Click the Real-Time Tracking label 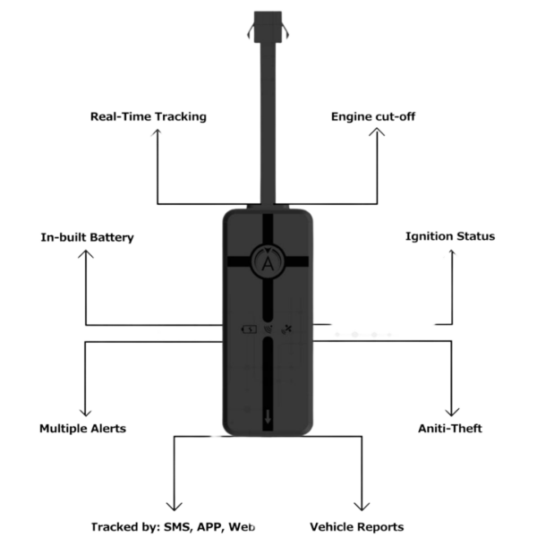[x=149, y=116]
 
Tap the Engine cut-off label [x=373, y=116]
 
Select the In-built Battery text [x=87, y=237]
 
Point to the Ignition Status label [x=450, y=236]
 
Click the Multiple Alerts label [x=83, y=429]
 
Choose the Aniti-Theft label [x=450, y=429]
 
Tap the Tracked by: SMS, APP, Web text [x=173, y=527]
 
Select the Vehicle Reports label [x=356, y=527]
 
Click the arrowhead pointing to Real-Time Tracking [x=158, y=132]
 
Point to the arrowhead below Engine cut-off [x=377, y=132]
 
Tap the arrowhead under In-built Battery [x=86, y=253]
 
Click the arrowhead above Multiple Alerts [x=85, y=413]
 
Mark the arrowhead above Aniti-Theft [x=452, y=412]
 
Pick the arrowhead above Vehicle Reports [x=362, y=507]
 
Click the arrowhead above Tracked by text [x=174, y=507]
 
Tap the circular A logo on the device [x=268, y=261]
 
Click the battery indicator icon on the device [x=249, y=329]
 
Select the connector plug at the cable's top [x=268, y=27]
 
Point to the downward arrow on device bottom [x=268, y=416]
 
